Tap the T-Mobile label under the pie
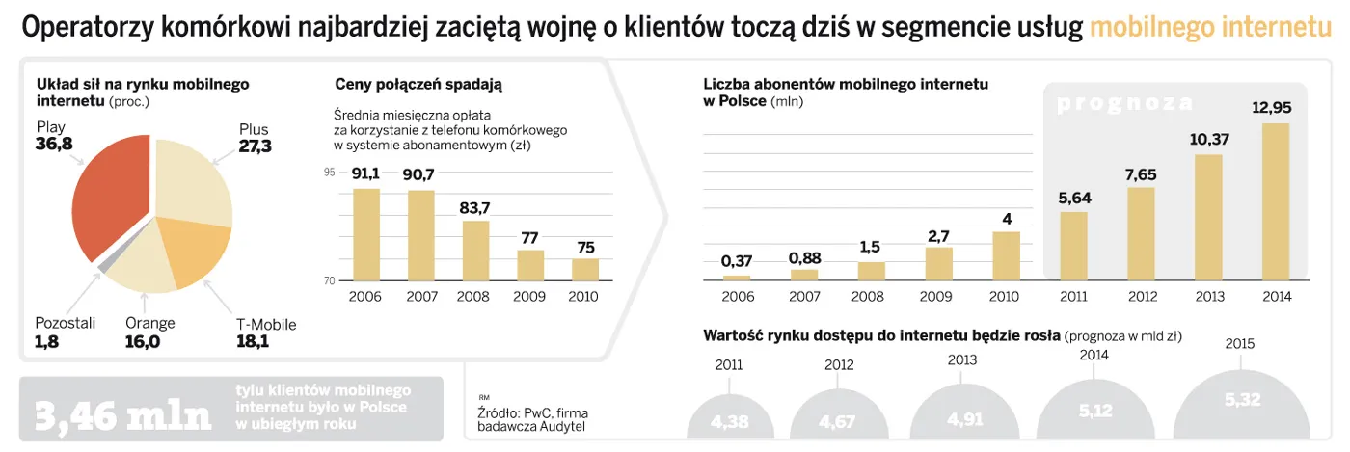[266, 325]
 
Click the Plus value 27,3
[256, 147]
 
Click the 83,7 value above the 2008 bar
[475, 207]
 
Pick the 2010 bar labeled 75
[585, 269]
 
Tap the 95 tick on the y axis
[330, 173]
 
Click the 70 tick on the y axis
[330, 280]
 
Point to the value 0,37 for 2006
[737, 260]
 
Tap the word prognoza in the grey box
[1125, 104]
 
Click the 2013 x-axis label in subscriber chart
[1208, 296]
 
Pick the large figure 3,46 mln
[122, 415]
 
